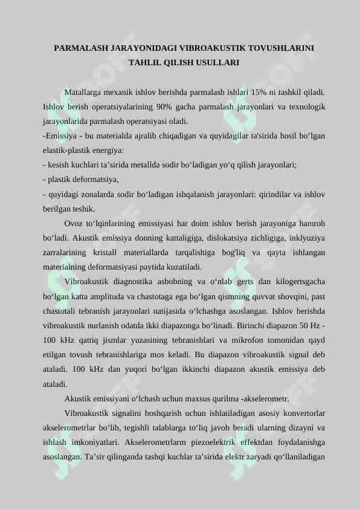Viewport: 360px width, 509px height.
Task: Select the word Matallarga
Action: click(84, 93)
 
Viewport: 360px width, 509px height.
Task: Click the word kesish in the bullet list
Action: click(59, 164)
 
